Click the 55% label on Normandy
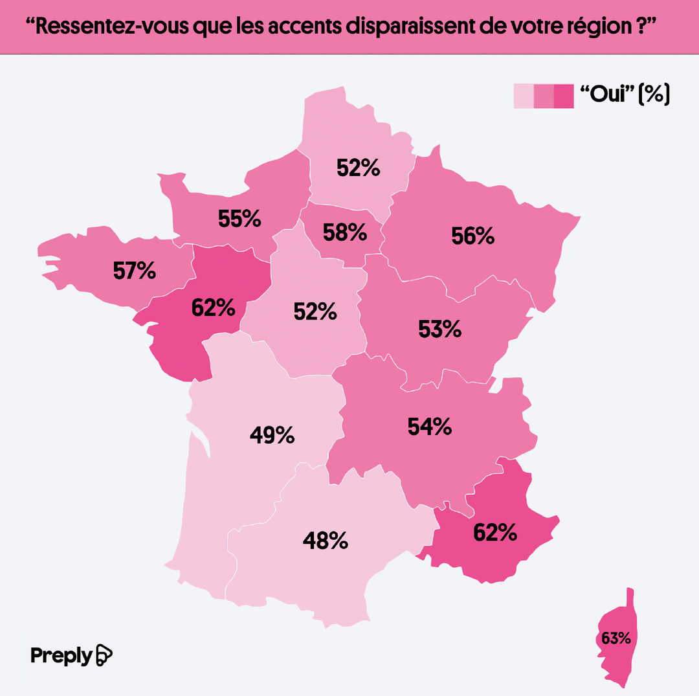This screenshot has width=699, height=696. (239, 219)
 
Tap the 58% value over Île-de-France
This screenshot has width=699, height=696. (345, 232)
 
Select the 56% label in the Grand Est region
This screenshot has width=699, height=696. (473, 236)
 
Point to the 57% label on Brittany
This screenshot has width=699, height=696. (135, 271)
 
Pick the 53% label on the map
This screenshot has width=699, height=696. (439, 329)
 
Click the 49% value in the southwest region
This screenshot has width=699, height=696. (272, 435)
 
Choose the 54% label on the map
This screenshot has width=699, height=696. (429, 427)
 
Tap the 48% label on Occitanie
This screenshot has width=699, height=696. (326, 540)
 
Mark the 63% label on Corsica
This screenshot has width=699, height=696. (616, 638)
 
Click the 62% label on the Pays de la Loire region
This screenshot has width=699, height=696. (213, 308)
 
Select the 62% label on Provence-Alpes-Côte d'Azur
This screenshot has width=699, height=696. (495, 532)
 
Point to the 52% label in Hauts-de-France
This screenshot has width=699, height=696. (358, 168)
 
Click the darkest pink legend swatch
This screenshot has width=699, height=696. (564, 96)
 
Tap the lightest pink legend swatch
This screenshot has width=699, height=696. (524, 96)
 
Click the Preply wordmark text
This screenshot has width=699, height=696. (61, 655)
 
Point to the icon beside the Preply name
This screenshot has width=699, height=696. (104, 655)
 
